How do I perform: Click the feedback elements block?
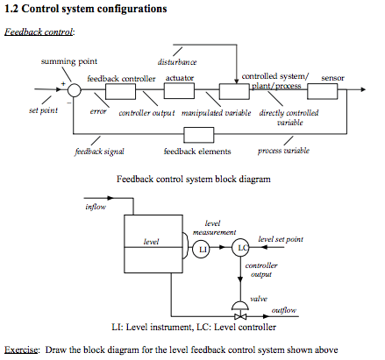(198, 134)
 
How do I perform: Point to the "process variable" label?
(283, 152)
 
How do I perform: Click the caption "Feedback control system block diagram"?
(193, 178)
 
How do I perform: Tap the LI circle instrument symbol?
(202, 250)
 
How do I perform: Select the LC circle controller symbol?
(243, 250)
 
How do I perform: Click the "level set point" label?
(282, 238)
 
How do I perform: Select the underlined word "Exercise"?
(21, 349)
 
